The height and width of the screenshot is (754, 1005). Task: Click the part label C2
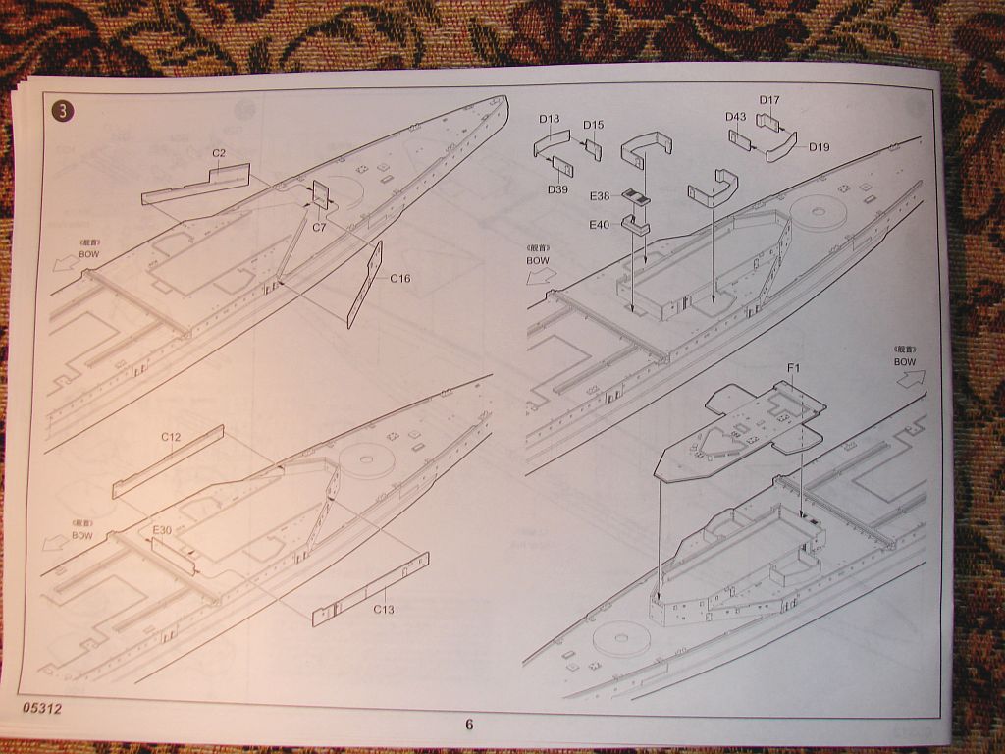click(x=219, y=153)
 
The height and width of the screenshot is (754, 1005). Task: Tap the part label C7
click(x=319, y=227)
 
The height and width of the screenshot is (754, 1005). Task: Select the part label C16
click(x=399, y=279)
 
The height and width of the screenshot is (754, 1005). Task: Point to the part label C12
click(x=170, y=436)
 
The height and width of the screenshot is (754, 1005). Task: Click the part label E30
click(x=162, y=530)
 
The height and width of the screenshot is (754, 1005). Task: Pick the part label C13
click(x=384, y=609)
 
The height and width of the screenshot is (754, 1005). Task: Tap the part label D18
click(x=549, y=120)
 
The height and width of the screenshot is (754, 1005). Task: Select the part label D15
click(x=594, y=125)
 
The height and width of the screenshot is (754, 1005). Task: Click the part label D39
click(x=557, y=189)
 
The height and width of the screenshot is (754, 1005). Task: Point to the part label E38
click(x=600, y=196)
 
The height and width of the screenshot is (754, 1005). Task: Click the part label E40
click(x=600, y=225)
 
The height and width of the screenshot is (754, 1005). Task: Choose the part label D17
click(x=769, y=100)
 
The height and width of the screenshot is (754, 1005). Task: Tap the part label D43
click(x=736, y=117)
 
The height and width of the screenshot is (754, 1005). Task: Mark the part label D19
click(x=820, y=147)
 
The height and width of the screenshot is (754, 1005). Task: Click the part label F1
click(x=794, y=368)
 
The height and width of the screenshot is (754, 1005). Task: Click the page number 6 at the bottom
click(x=469, y=725)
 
